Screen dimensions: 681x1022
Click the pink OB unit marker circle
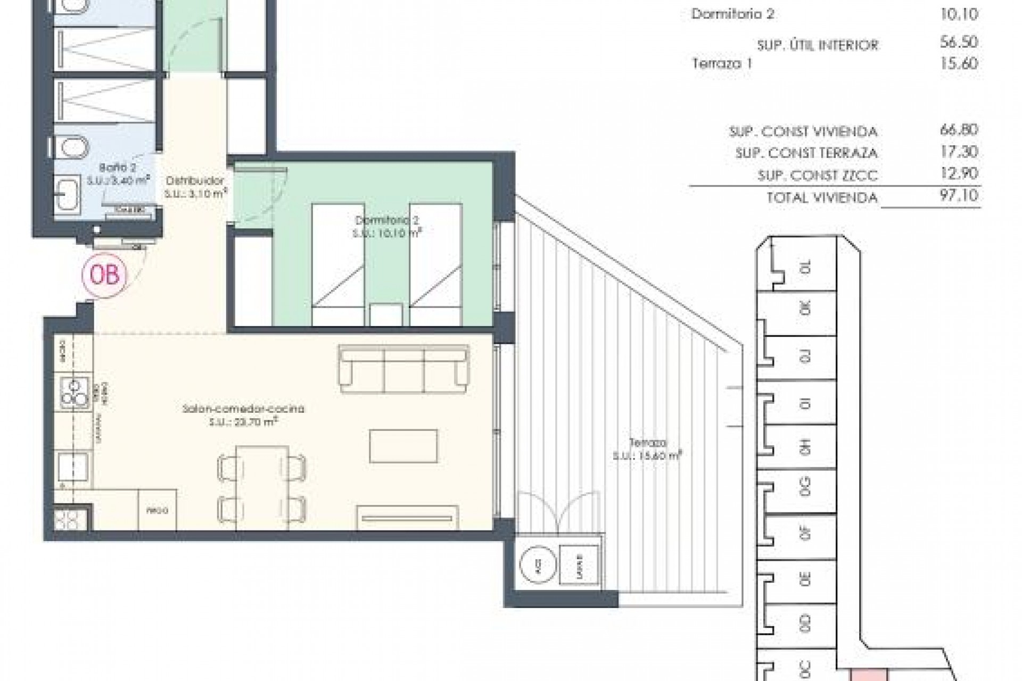pos(105,276)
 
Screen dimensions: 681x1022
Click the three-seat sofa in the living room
pos(405,369)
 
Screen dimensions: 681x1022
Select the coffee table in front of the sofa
pos(404,446)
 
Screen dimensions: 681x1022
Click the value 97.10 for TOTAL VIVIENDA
pos(959,195)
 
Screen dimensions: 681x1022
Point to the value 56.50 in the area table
pos(959,43)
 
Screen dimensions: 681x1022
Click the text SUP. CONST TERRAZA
pos(806,153)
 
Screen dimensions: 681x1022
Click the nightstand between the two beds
pos(385,313)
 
